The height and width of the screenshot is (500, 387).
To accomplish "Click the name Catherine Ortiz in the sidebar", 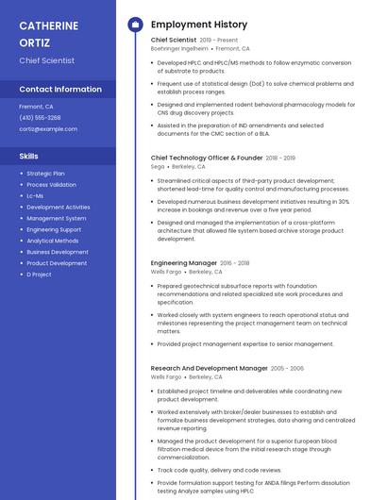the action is (x=47, y=33).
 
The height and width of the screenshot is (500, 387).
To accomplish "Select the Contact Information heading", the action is (x=60, y=90).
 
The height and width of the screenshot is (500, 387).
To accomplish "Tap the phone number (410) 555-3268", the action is (x=40, y=118).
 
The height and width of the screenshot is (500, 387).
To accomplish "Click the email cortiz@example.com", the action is (x=48, y=128).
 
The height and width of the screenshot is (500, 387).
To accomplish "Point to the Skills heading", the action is (x=29, y=156).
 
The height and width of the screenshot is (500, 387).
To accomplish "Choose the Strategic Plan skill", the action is (x=45, y=174).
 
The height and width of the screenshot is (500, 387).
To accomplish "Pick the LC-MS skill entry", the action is (x=35, y=196).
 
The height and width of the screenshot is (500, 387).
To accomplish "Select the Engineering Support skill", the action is (x=54, y=229).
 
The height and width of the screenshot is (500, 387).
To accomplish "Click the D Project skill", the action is (x=39, y=275).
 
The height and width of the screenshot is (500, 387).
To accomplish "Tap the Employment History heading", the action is (x=198, y=25).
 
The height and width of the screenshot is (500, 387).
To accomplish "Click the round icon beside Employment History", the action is (x=134, y=25).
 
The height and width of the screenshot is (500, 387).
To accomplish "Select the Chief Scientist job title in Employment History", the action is (x=174, y=41).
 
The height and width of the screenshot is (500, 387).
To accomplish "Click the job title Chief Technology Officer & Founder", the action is (x=207, y=158).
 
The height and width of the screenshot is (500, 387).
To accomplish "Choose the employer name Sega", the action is (x=158, y=166).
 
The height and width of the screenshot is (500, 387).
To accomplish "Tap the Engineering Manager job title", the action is (x=183, y=263).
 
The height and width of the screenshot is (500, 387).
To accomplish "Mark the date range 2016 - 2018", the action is (x=235, y=263).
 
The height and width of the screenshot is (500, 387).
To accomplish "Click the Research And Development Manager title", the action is (x=209, y=368).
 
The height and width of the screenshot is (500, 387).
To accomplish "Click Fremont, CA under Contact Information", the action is (x=36, y=107).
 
